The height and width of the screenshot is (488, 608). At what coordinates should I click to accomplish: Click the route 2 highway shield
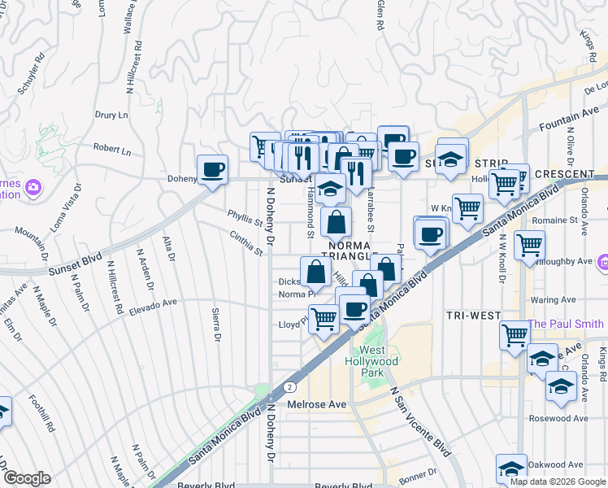click(x=289, y=387)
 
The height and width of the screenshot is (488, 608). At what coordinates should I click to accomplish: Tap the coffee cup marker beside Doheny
click(x=213, y=169)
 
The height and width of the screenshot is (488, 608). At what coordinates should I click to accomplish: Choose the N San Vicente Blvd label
click(x=419, y=421)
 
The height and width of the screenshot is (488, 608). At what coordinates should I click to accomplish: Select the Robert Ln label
click(x=111, y=150)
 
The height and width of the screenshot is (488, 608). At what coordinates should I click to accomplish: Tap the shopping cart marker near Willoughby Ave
click(x=529, y=244)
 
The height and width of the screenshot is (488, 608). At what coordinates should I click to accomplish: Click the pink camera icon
click(x=33, y=187)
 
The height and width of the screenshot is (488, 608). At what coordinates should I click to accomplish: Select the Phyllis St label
click(x=245, y=220)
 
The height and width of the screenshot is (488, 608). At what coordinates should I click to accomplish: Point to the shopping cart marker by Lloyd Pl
click(x=324, y=318)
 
